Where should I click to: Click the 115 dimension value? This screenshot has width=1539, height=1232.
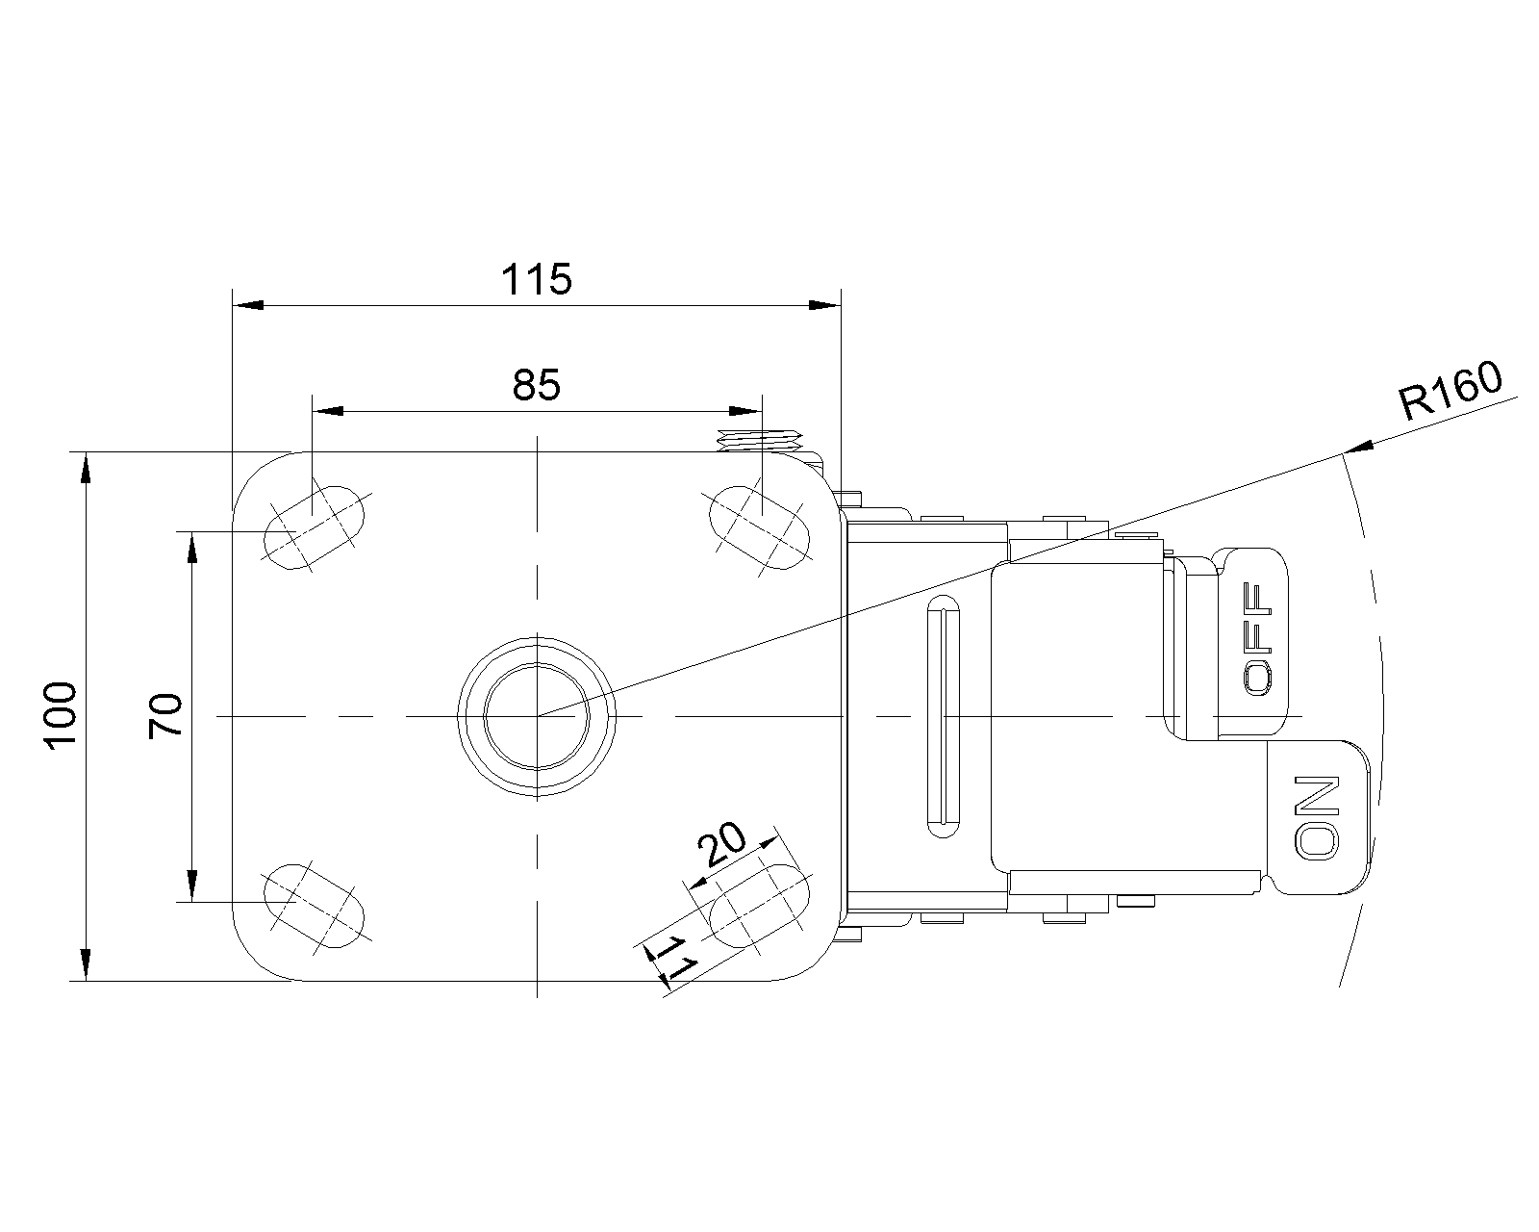coord(537,279)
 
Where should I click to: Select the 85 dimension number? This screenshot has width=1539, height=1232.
coord(537,385)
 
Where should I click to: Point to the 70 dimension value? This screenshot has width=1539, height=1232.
coord(165,716)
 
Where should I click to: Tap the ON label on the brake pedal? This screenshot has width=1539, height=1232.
coord(1317,817)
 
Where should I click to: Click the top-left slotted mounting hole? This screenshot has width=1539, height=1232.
coord(315,527)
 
